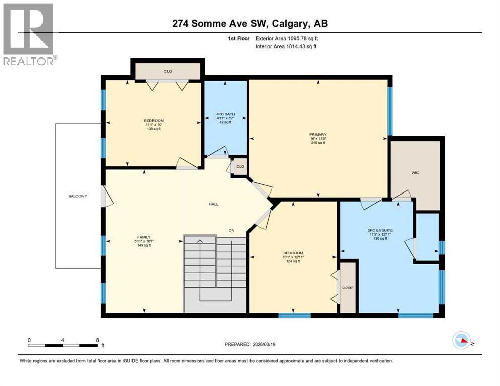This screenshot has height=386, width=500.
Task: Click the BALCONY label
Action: (x=78, y=196)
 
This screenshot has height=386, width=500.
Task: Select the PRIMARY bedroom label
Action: (x=318, y=134)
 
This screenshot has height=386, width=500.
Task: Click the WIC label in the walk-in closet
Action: (x=415, y=173)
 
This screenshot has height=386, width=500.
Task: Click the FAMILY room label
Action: (x=144, y=237)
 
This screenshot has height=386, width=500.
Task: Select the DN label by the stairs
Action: (x=231, y=230)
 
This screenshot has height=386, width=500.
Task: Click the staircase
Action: (x=215, y=274)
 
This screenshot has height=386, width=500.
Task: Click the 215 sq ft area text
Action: (x=318, y=143)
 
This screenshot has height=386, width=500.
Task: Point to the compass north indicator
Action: (x=462, y=341)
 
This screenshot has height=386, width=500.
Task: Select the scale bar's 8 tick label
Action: (x=97, y=340)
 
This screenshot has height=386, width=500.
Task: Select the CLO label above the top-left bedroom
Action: (x=168, y=72)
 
